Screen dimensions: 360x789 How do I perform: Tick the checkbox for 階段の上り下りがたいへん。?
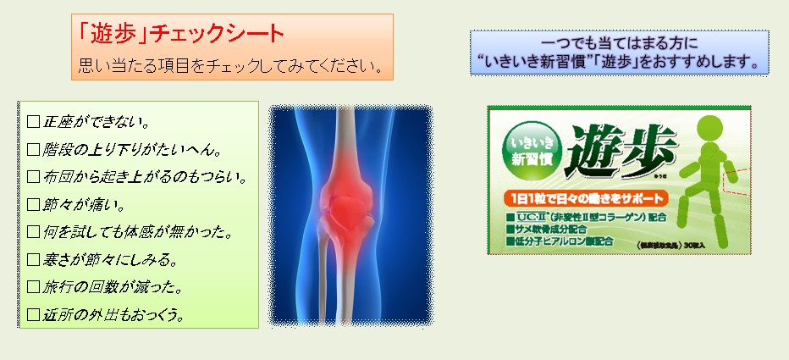[34, 150]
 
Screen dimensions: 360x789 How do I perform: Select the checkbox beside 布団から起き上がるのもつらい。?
[34, 177]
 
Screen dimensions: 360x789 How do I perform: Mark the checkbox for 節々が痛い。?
[34, 204]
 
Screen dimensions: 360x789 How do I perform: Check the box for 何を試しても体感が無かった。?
[34, 231]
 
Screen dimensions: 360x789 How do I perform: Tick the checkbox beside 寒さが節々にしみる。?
[34, 259]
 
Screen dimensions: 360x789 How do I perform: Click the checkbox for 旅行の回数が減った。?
[34, 287]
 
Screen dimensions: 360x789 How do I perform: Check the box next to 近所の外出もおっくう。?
[34, 315]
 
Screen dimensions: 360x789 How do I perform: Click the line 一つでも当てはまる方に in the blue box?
[619, 42]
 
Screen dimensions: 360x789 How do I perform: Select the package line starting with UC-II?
[584, 217]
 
